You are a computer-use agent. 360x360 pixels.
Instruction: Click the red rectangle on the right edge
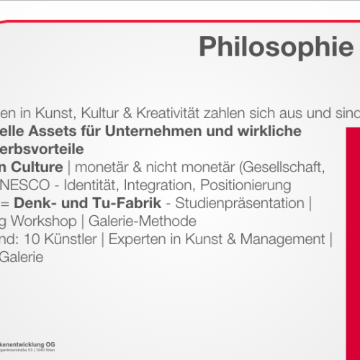(353, 238)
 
